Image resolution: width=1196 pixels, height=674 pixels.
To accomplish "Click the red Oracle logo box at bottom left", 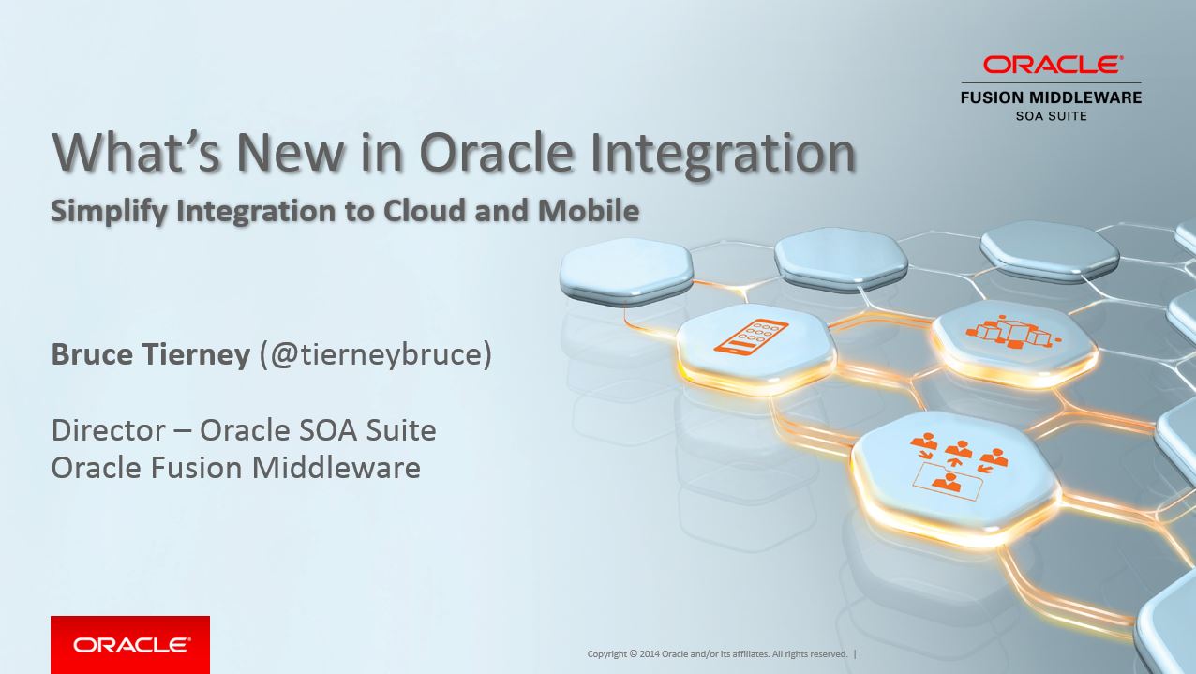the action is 130,645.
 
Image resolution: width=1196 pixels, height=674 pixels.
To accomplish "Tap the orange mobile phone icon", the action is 751,336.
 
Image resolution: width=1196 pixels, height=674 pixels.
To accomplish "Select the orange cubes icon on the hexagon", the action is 1010,332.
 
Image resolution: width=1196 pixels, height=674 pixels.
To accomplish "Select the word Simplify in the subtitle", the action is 110,212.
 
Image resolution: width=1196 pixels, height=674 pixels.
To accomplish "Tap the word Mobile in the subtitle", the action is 589,210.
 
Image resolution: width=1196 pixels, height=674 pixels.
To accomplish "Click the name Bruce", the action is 92,354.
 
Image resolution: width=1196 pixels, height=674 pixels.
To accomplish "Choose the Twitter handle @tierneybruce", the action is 376,354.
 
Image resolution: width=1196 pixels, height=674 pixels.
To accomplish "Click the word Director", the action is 109,430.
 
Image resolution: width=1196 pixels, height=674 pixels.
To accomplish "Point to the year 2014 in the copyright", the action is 650,653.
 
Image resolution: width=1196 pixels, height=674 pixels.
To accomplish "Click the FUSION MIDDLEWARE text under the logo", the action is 1051,97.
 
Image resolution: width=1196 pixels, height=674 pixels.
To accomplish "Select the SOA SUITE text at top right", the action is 1051,116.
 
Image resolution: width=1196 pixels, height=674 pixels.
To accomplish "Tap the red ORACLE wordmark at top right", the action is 1053,65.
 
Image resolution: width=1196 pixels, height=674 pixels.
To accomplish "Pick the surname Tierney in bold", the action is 196,355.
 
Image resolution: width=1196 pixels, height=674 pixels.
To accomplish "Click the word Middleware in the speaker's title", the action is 336,468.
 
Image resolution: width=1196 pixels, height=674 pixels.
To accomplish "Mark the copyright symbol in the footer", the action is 634,653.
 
